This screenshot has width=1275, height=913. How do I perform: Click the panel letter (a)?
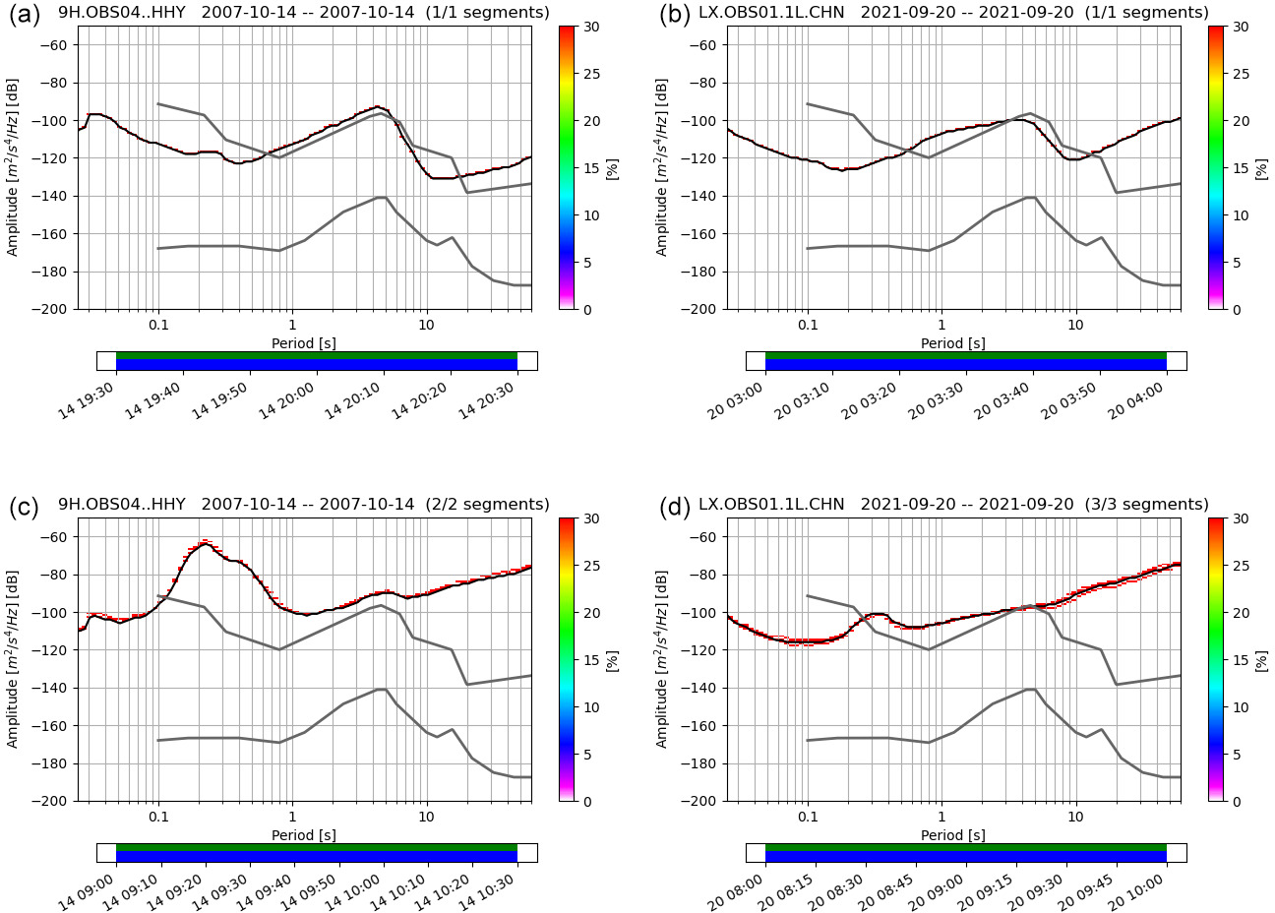tap(25, 15)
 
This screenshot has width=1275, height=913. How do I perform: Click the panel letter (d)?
tap(674, 507)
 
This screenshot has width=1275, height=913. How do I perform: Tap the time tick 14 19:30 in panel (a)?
tap(87, 401)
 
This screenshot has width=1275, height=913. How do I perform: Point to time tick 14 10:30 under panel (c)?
tap(488, 893)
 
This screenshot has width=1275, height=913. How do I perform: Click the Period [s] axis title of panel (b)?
tap(953, 343)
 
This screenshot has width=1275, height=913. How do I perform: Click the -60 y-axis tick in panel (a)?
tap(58, 45)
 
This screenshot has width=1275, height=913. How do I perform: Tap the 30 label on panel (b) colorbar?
tap(1242, 27)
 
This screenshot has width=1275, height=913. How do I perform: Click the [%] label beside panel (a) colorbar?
tap(612, 167)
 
